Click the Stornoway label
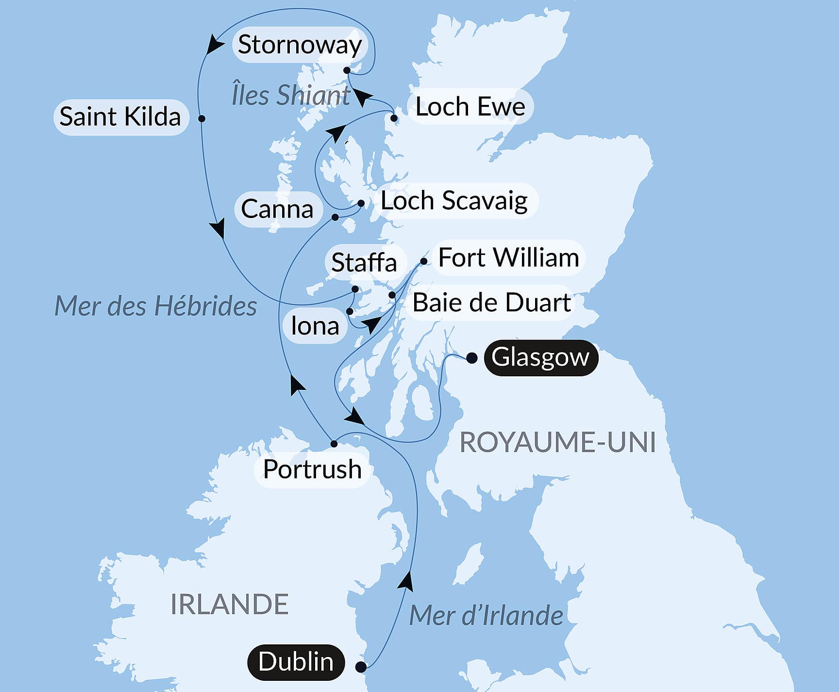pyautogui.click(x=300, y=45)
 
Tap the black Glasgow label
pyautogui.click(x=540, y=357)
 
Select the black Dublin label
pyautogui.click(x=296, y=662)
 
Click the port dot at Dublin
pyautogui.click(x=361, y=667)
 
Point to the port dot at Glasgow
pyautogui.click(x=471, y=358)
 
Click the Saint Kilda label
pyautogui.click(x=120, y=117)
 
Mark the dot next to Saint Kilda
pyautogui.click(x=202, y=118)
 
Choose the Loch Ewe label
pyautogui.click(x=470, y=106)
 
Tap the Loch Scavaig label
pyautogui.click(x=454, y=201)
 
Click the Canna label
pyautogui.click(x=277, y=209)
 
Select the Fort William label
pyautogui.click(x=508, y=257)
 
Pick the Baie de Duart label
pyautogui.click(x=491, y=303)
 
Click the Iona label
pyautogui.click(x=315, y=326)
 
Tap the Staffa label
pyautogui.click(x=364, y=263)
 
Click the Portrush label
pyautogui.click(x=312, y=469)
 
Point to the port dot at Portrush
pyautogui.click(x=334, y=443)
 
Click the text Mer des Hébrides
pyautogui.click(x=155, y=306)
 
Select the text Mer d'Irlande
pyautogui.click(x=486, y=615)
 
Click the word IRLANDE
pyautogui.click(x=230, y=605)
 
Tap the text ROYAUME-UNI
pyautogui.click(x=557, y=442)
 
